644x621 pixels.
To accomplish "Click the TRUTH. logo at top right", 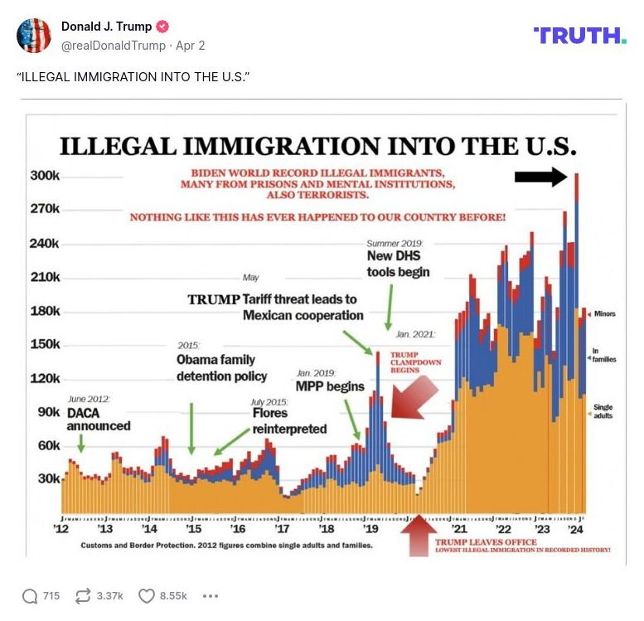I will [x=580, y=35].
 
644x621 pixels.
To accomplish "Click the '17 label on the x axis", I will [x=282, y=529].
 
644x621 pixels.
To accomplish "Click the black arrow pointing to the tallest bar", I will [x=540, y=176].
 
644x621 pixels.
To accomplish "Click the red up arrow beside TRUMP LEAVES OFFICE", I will [x=419, y=535].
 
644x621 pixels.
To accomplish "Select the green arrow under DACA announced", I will [x=80, y=444].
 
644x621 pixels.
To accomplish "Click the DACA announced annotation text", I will [x=98, y=420].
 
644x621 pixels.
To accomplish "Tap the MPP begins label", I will [x=330, y=386].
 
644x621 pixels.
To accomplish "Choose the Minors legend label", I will [x=604, y=314].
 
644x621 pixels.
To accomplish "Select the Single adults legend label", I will [x=603, y=411].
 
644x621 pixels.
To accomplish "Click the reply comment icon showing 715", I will [x=31, y=596].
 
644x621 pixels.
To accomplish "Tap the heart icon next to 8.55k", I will [x=147, y=596].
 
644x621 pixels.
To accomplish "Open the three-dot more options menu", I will [x=210, y=596].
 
